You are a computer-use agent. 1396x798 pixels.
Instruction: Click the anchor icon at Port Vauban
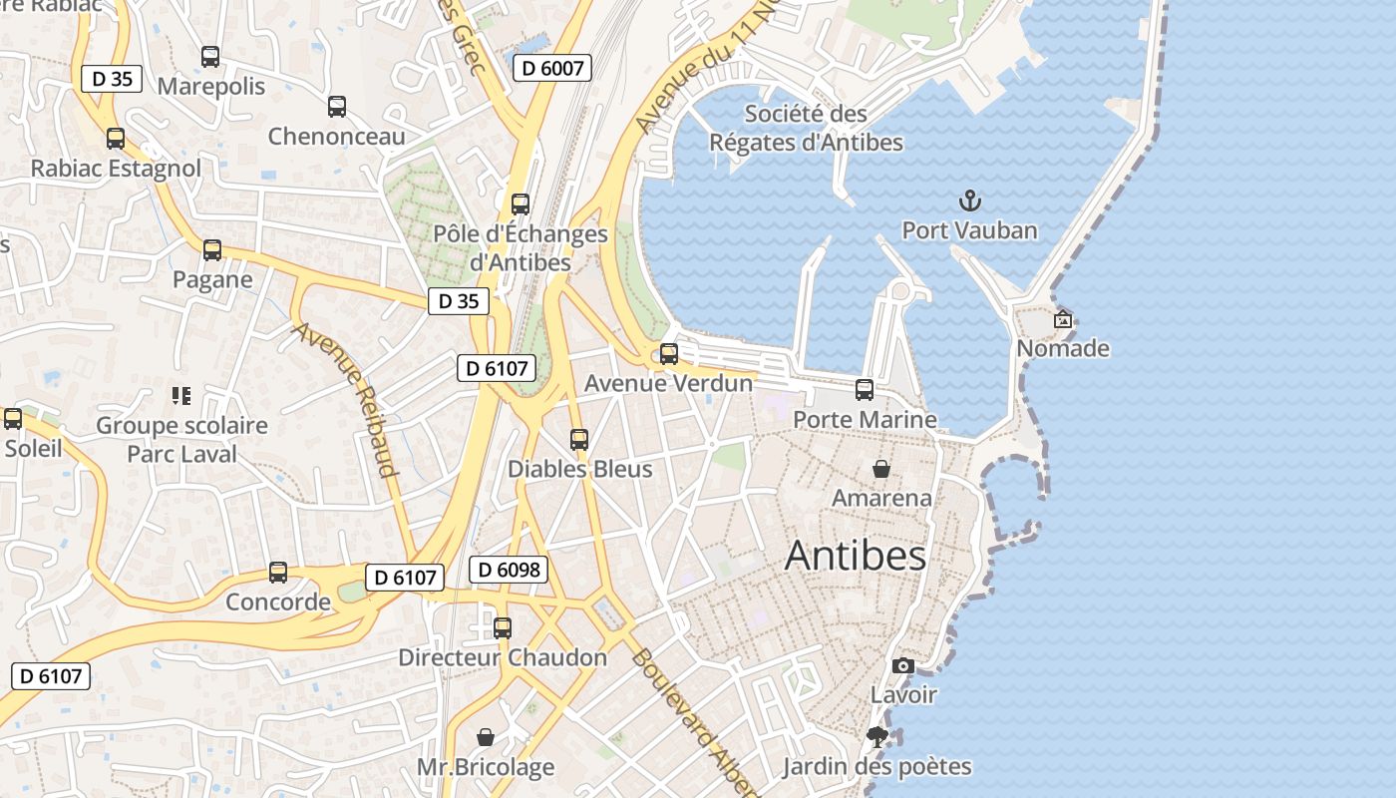coord(969,201)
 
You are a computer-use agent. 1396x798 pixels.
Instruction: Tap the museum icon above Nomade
coord(1063,319)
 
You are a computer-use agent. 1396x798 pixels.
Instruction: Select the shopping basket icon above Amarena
coord(881,468)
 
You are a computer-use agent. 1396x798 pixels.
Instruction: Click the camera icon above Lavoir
coord(903,665)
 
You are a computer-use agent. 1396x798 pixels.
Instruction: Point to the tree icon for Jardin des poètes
coord(877,737)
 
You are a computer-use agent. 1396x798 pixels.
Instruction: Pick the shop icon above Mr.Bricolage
coord(486,737)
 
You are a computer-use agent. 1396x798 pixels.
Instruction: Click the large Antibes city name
coord(856,556)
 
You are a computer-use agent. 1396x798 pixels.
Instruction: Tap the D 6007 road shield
coord(552,68)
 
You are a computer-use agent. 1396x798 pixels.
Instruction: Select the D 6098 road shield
coord(509,570)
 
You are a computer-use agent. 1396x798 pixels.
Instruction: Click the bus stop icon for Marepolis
coord(210,57)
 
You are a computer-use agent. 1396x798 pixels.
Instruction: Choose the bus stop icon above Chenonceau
coord(337,107)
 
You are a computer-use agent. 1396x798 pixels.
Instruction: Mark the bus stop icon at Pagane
coord(212,250)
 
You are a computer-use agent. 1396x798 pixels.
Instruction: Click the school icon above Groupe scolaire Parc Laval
coord(180,396)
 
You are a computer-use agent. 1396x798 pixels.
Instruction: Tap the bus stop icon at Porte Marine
coord(865,390)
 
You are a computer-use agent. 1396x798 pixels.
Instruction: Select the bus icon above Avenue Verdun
coord(669,354)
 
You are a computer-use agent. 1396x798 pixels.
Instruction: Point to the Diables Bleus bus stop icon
coord(579,440)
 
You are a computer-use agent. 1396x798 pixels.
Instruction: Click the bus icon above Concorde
coord(278,573)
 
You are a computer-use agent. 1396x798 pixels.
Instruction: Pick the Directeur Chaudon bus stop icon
coord(503,628)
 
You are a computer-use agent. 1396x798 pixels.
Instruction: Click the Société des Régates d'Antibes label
coord(806,128)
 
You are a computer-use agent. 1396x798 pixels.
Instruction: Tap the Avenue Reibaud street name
coord(346,399)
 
